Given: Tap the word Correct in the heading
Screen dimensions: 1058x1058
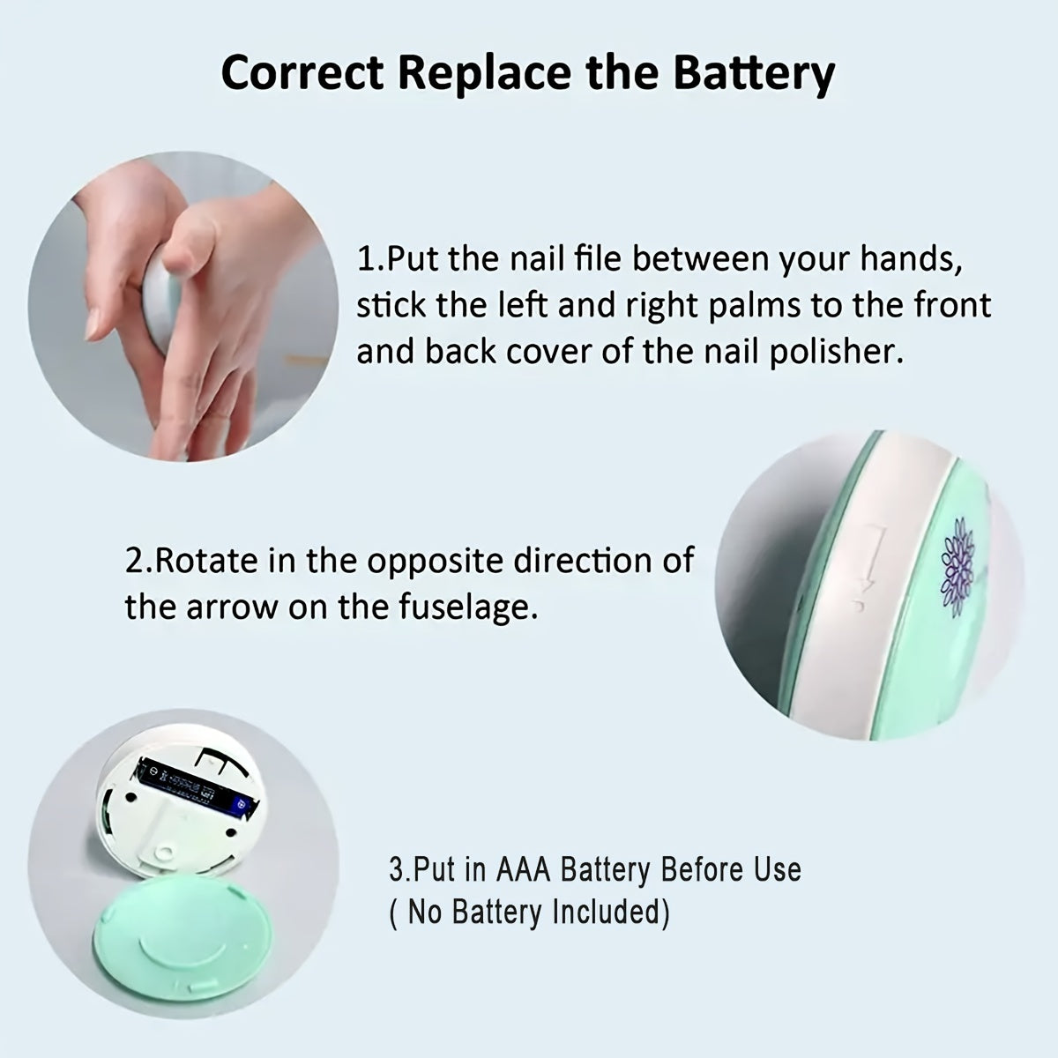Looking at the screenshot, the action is pyautogui.click(x=302, y=72).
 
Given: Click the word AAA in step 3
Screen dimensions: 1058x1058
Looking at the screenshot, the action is pyautogui.click(x=523, y=869).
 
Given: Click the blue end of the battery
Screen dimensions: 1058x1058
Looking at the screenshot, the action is pyautogui.click(x=242, y=806).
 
